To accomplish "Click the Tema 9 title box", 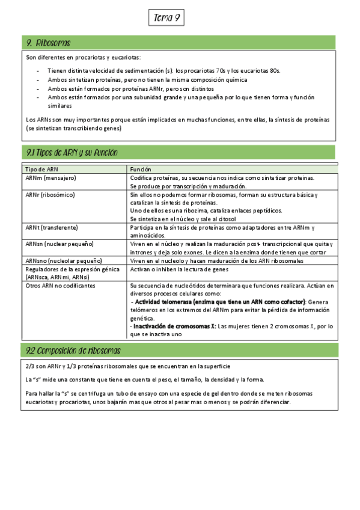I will click(166, 19).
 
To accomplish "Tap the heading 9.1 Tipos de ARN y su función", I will click(72, 153).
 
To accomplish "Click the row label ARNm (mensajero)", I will click(50, 179).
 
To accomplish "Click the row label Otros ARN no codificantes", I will click(60, 286).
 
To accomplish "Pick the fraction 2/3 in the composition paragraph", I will click(32, 366).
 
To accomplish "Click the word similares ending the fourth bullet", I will click(60, 105).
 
